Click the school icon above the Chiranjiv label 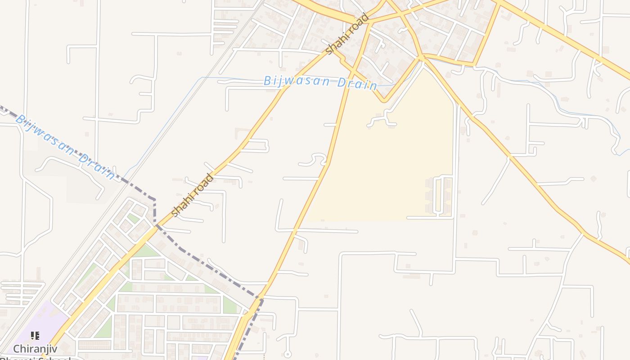click(x=35, y=335)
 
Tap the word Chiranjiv click(x=35, y=349)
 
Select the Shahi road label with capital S click(x=347, y=34)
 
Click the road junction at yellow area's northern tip click(x=422, y=58)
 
